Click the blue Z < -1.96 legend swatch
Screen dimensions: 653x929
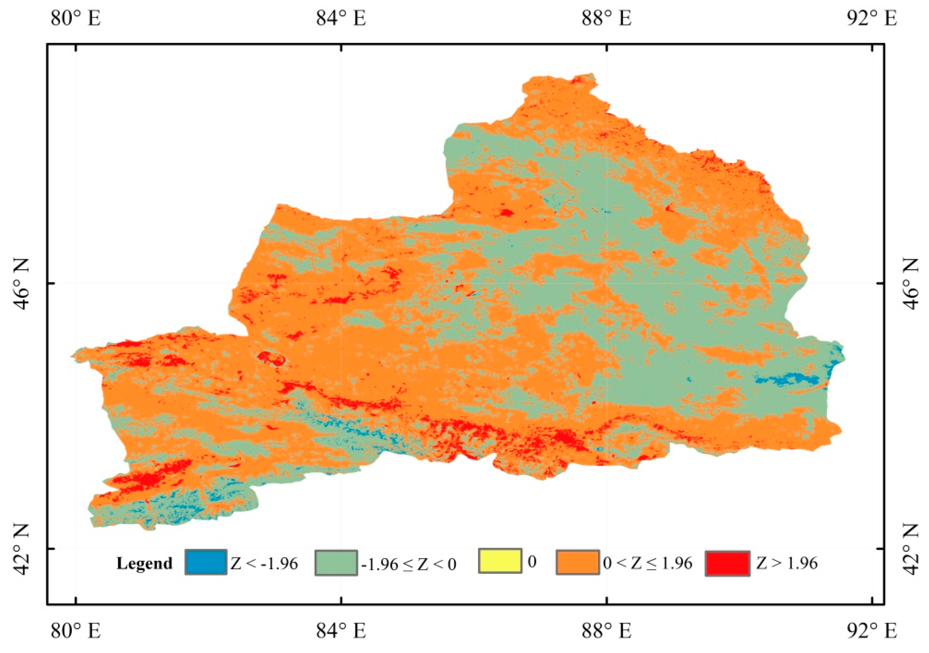click(206, 562)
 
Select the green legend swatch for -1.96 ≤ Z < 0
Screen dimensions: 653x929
click(336, 562)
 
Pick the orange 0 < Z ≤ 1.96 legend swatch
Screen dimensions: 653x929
click(577, 562)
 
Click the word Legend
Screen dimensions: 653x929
click(144, 564)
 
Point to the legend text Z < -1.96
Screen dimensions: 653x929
click(264, 563)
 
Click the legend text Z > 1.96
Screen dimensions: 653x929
click(787, 563)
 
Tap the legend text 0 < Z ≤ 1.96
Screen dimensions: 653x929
click(648, 563)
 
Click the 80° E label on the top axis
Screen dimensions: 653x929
click(75, 19)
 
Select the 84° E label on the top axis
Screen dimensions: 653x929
click(341, 19)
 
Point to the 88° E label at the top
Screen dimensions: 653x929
click(606, 19)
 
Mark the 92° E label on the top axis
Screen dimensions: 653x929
click(872, 19)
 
